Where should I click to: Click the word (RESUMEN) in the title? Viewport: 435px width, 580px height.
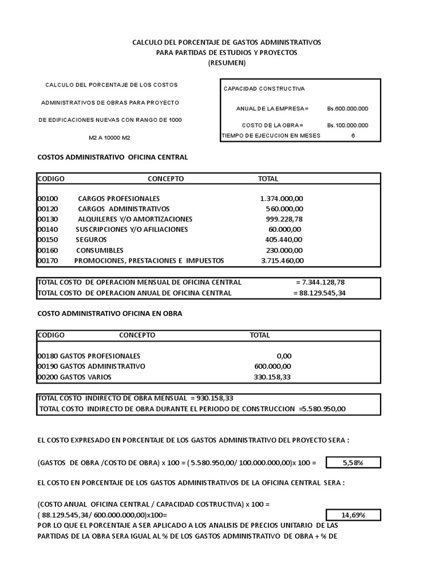click(x=227, y=63)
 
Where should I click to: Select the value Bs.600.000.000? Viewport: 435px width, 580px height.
click(x=347, y=108)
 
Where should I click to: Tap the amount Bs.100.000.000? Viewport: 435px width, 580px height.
click(x=347, y=125)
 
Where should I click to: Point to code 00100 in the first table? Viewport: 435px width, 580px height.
click(x=47, y=199)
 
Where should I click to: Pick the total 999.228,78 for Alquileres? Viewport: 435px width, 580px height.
click(x=285, y=219)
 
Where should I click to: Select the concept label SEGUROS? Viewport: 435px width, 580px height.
click(x=91, y=240)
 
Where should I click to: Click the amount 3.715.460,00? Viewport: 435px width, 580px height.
click(x=282, y=261)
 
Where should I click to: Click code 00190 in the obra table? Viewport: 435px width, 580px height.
click(x=47, y=366)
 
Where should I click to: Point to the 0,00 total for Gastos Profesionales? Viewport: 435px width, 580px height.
click(x=284, y=356)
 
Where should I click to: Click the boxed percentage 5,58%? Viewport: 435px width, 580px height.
click(x=353, y=463)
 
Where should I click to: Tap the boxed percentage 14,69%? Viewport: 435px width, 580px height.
click(x=353, y=515)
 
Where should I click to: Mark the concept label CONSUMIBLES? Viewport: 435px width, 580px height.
click(x=99, y=250)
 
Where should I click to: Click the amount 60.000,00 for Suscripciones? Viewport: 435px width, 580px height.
click(x=285, y=229)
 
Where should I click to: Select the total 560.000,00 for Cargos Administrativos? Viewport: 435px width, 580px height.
click(x=285, y=209)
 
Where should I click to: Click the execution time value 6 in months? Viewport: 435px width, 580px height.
click(x=353, y=135)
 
